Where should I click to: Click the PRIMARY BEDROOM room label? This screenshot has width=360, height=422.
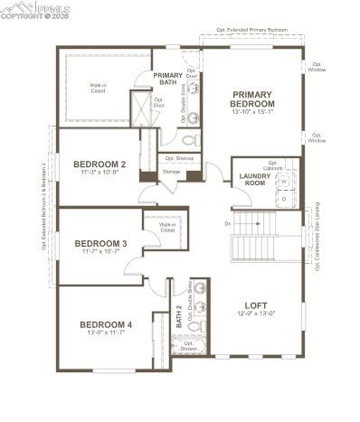tap(252, 98)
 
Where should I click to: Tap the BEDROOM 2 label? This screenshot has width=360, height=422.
tap(99, 164)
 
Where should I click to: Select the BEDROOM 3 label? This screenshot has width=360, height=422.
tap(100, 243)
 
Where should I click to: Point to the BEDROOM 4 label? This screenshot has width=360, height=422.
tap(105, 324)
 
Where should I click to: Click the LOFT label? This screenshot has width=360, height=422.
tap(256, 305)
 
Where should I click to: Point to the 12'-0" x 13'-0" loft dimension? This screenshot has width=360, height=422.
tap(256, 314)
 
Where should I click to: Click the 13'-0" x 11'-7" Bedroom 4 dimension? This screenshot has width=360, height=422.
tap(105, 333)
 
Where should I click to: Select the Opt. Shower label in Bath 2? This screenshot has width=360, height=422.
tap(188, 344)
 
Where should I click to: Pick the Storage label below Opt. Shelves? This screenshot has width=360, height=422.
tap(171, 172)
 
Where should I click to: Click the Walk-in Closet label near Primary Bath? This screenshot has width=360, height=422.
tap(98, 88)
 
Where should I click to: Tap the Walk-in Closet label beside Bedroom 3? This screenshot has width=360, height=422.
tap(167, 228)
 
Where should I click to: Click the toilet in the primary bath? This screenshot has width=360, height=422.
tap(189, 140)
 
